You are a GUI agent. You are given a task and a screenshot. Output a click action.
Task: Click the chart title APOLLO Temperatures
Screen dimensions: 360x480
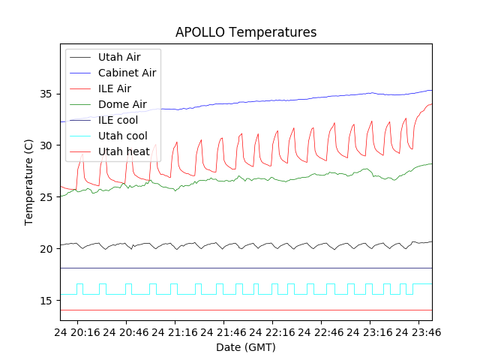click(246, 32)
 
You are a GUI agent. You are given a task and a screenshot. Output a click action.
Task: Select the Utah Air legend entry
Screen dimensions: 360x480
click(118, 57)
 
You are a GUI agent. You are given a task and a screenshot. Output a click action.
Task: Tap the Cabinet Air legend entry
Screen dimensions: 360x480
click(127, 73)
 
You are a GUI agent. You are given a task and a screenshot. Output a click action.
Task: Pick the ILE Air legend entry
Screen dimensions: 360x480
click(115, 88)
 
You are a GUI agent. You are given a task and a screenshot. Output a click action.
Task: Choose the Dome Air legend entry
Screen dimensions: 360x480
click(121, 104)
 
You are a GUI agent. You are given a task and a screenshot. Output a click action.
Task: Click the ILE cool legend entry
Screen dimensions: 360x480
click(118, 120)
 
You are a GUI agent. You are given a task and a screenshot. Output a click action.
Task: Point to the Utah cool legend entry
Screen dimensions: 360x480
click(122, 136)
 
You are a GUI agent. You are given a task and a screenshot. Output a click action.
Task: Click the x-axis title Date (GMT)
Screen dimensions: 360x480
click(246, 347)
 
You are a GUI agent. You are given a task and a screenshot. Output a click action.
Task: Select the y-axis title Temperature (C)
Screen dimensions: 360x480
click(29, 181)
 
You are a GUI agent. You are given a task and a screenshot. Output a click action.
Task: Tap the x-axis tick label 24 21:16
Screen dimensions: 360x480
click(178, 331)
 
